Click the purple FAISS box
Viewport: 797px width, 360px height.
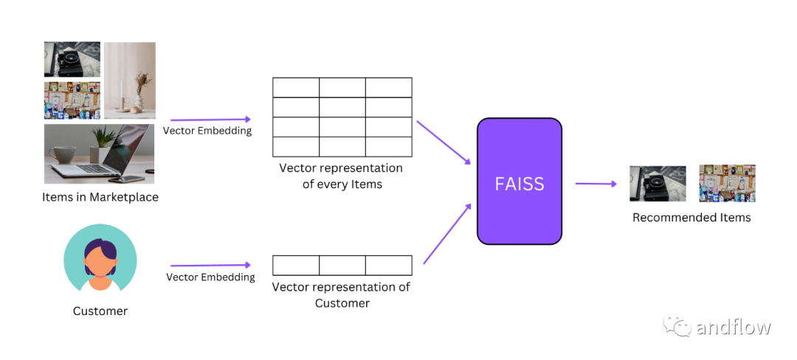[520, 181]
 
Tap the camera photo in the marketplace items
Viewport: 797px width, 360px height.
[72, 60]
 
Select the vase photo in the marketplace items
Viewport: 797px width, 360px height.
[130, 80]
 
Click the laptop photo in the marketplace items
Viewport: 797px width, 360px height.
[99, 153]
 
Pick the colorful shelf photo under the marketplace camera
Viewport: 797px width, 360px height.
[72, 100]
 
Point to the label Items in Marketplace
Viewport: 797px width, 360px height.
[100, 197]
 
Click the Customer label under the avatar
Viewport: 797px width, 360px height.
[100, 311]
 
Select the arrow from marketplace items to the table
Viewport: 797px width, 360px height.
[210, 120]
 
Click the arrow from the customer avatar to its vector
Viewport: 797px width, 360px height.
[210, 266]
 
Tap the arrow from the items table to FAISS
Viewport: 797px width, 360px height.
[444, 141]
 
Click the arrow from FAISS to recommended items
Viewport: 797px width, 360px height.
[596, 184]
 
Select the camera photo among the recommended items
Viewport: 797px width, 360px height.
[658, 184]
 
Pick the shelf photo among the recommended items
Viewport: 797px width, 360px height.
[727, 184]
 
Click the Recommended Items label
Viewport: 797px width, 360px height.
[691, 218]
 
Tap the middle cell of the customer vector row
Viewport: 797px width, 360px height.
[342, 266]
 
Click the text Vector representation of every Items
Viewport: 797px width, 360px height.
[342, 176]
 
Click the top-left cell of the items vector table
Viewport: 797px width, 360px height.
[296, 88]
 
